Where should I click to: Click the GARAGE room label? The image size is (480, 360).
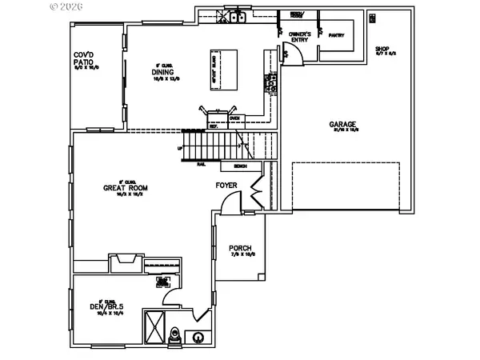tap(342, 125)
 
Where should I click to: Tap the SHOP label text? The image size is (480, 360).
tap(382, 49)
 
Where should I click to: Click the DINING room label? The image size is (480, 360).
tap(164, 72)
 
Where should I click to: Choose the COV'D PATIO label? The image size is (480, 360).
tap(85, 58)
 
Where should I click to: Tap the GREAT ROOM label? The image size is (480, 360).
tap(122, 189)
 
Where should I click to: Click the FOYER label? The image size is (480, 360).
tap(226, 186)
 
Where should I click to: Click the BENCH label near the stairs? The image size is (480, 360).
tap(239, 166)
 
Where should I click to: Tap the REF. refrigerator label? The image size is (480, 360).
tap(214, 126)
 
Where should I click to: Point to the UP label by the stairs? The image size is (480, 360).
tap(181, 149)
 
